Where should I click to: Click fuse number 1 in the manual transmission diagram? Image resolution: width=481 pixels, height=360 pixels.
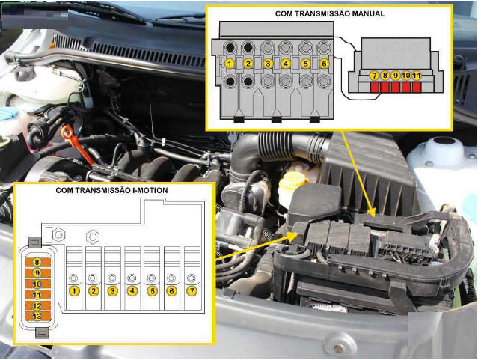tap(230, 64)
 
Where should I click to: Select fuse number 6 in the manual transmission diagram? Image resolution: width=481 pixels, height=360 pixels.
tap(323, 64)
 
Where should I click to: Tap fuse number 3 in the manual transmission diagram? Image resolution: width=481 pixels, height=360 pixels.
tap(267, 64)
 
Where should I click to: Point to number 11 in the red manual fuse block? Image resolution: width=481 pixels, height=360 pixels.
tap(416, 76)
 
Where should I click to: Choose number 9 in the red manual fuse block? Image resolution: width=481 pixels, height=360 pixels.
tap(395, 76)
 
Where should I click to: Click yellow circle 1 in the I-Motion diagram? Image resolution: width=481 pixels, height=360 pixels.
tap(75, 290)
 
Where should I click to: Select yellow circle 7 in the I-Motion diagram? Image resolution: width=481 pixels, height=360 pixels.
tap(192, 290)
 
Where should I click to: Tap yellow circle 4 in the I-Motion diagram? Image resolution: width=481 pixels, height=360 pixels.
tap(133, 290)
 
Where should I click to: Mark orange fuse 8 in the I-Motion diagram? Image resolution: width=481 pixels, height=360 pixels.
tap(37, 263)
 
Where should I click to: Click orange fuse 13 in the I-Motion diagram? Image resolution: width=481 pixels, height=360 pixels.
tap(37, 317)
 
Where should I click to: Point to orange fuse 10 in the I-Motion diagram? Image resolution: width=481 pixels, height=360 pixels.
tap(37, 284)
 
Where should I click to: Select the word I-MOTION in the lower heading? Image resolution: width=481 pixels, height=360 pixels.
tap(146, 191)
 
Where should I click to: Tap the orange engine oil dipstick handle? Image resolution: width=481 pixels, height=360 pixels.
tap(71, 136)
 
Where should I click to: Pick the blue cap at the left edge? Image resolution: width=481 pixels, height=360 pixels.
tap(7, 113)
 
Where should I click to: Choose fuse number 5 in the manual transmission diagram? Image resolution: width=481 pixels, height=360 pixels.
tap(304, 64)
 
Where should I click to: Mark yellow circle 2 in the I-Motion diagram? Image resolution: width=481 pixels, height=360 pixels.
tap(94, 290)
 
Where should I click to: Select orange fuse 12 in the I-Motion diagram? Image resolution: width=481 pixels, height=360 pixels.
tap(37, 306)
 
